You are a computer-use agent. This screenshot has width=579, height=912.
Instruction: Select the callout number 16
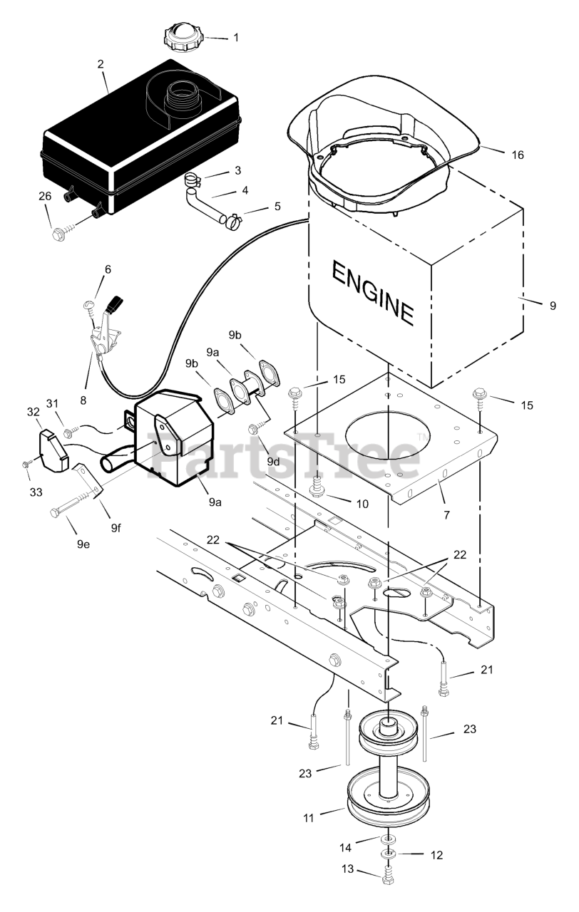(x=518, y=155)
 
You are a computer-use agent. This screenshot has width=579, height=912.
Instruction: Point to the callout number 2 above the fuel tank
(x=101, y=64)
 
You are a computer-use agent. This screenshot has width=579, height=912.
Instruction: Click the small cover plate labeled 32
(x=53, y=452)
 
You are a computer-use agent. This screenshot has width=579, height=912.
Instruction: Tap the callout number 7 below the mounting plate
(x=446, y=514)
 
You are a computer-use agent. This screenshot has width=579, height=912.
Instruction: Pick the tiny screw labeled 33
(x=26, y=463)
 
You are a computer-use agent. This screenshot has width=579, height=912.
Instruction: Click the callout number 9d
(x=273, y=461)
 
